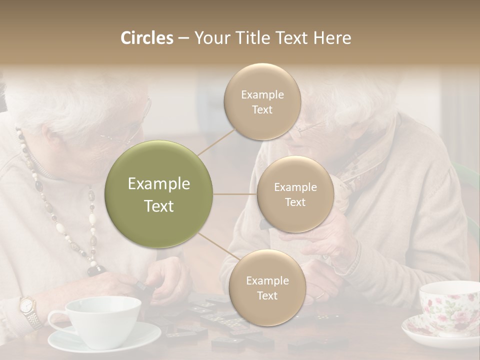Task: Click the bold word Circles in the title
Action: pos(146,38)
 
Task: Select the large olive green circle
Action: pos(158,194)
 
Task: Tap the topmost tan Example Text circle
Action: pos(262,101)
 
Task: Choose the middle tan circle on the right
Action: pos(295,194)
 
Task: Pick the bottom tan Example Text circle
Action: pos(267,287)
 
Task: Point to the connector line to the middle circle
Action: pos(235,194)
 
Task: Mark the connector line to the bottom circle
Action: pos(215,247)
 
